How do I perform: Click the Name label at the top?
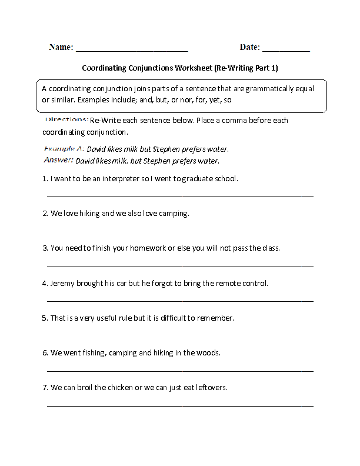61,46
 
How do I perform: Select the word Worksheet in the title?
193,68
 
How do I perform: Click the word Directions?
66,120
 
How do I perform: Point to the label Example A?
64,149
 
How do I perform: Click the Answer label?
58,160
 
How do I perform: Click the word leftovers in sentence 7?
209,388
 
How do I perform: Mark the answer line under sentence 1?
179,196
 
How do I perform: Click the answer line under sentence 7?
179,405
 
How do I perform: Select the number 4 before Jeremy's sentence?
45,283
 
